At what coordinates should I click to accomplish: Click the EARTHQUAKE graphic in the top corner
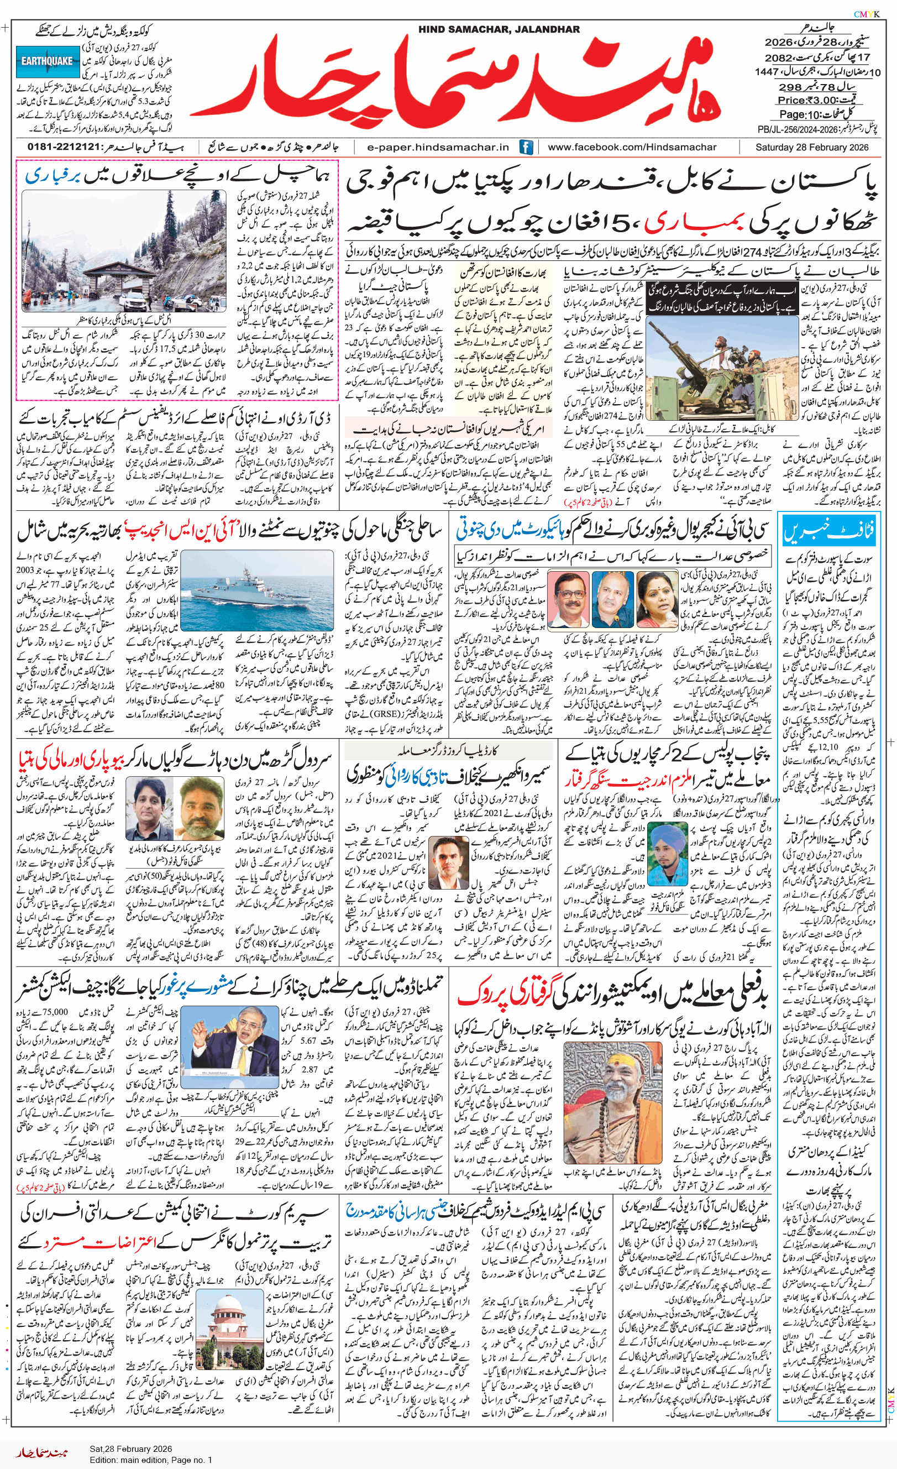tap(47, 61)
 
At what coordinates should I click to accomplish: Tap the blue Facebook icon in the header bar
tap(526, 147)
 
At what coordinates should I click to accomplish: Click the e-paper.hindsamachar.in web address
tap(438, 147)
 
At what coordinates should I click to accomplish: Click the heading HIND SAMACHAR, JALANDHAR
tap(499, 29)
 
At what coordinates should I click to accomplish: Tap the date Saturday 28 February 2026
tap(812, 147)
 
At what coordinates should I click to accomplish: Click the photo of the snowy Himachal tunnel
tap(124, 251)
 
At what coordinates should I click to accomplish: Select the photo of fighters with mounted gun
tap(722, 370)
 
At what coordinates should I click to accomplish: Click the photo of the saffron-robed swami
tap(613, 1103)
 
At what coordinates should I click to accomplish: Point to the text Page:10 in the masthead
tap(800, 114)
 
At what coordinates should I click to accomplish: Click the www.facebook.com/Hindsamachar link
tap(632, 147)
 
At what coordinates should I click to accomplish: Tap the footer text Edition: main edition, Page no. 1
tap(151, 1460)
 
